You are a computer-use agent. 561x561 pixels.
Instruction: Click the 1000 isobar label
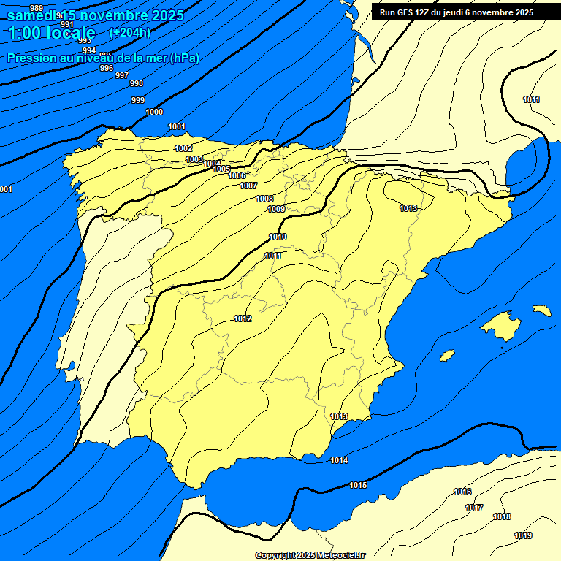tap(154, 112)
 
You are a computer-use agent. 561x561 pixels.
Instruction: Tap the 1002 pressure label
tap(184, 148)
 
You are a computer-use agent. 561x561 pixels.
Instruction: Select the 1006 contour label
tap(237, 175)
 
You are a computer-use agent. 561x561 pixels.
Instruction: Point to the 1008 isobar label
tap(264, 199)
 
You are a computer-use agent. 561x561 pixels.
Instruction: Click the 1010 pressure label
tap(278, 237)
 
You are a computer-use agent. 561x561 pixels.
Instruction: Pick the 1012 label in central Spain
tap(243, 318)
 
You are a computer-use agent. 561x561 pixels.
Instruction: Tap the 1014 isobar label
tap(339, 460)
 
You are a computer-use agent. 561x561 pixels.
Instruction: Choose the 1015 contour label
tap(358, 485)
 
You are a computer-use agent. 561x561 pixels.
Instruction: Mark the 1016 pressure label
tap(462, 492)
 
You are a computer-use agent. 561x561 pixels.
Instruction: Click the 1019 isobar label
tap(522, 535)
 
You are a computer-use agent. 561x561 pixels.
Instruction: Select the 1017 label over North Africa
tap(474, 508)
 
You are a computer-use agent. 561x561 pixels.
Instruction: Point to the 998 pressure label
tap(137, 83)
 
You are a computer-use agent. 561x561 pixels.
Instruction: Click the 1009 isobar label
tap(276, 209)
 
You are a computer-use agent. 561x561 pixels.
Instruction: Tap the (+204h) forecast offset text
tap(130, 32)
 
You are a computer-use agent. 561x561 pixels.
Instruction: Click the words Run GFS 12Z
tap(405, 12)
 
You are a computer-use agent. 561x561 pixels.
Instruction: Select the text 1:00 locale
tap(52, 33)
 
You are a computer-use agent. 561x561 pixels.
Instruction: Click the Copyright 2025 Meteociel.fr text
tap(310, 555)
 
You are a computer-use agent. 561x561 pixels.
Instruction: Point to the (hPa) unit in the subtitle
tap(185, 58)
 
